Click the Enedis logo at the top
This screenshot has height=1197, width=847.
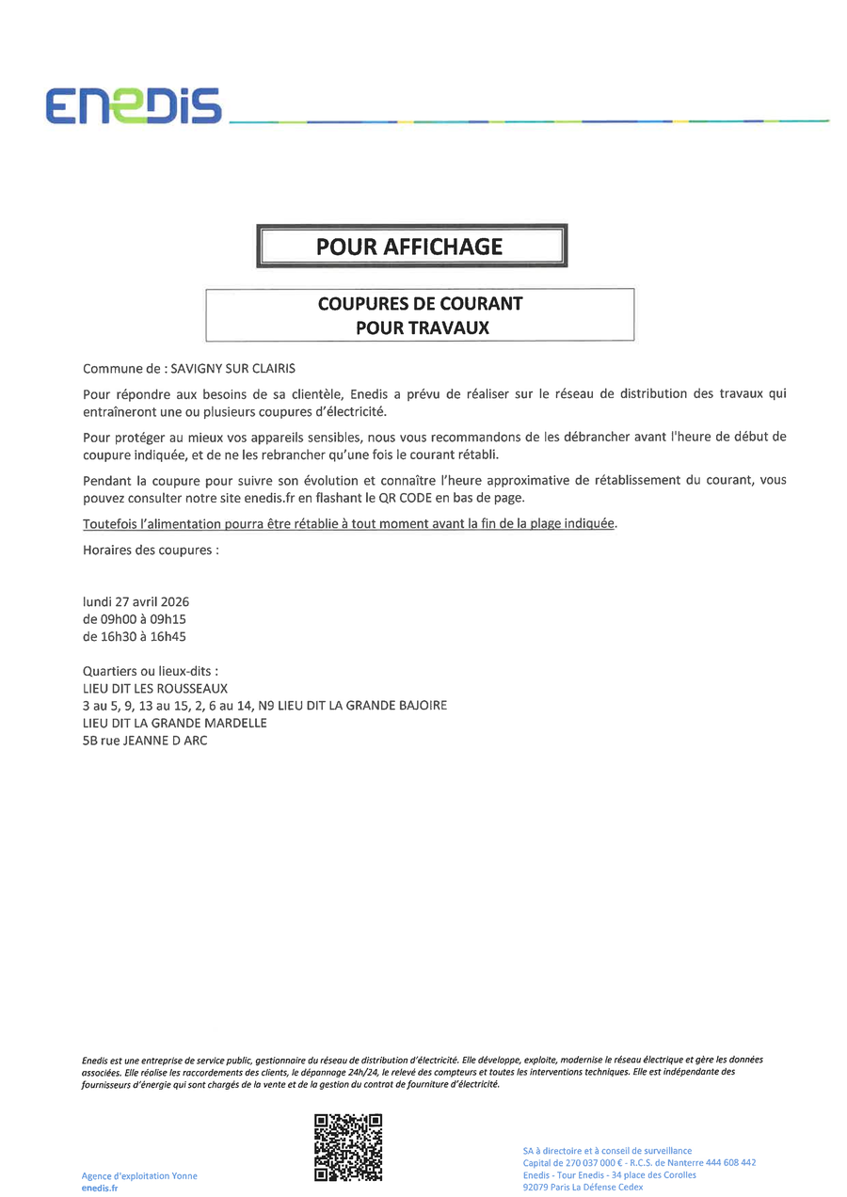click(x=134, y=105)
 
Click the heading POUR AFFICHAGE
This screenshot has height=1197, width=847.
click(x=409, y=247)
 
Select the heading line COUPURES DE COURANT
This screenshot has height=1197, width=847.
click(x=420, y=304)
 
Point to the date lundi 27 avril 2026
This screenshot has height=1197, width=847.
click(x=136, y=601)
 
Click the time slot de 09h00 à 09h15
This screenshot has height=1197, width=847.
click(x=135, y=619)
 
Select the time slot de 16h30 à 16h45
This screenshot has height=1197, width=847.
click(x=135, y=636)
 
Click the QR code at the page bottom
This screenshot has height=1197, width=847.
click(x=348, y=1146)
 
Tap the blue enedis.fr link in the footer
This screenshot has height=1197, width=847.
click(x=100, y=1189)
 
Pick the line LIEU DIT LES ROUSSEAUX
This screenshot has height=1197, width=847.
click(x=155, y=689)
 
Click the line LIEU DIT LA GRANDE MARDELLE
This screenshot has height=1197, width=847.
click(x=175, y=723)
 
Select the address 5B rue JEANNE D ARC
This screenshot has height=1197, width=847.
click(x=145, y=741)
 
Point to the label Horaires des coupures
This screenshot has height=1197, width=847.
click(x=151, y=550)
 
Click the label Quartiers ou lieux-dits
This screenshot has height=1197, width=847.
click(x=151, y=672)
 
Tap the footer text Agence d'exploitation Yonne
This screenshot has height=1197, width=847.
click(x=139, y=1176)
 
